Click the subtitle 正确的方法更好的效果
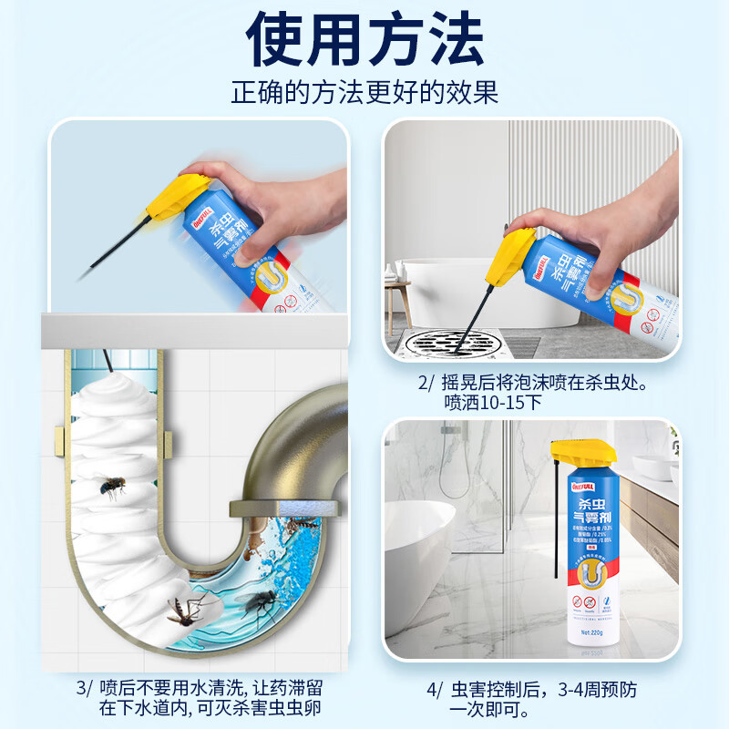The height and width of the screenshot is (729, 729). [364, 93]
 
